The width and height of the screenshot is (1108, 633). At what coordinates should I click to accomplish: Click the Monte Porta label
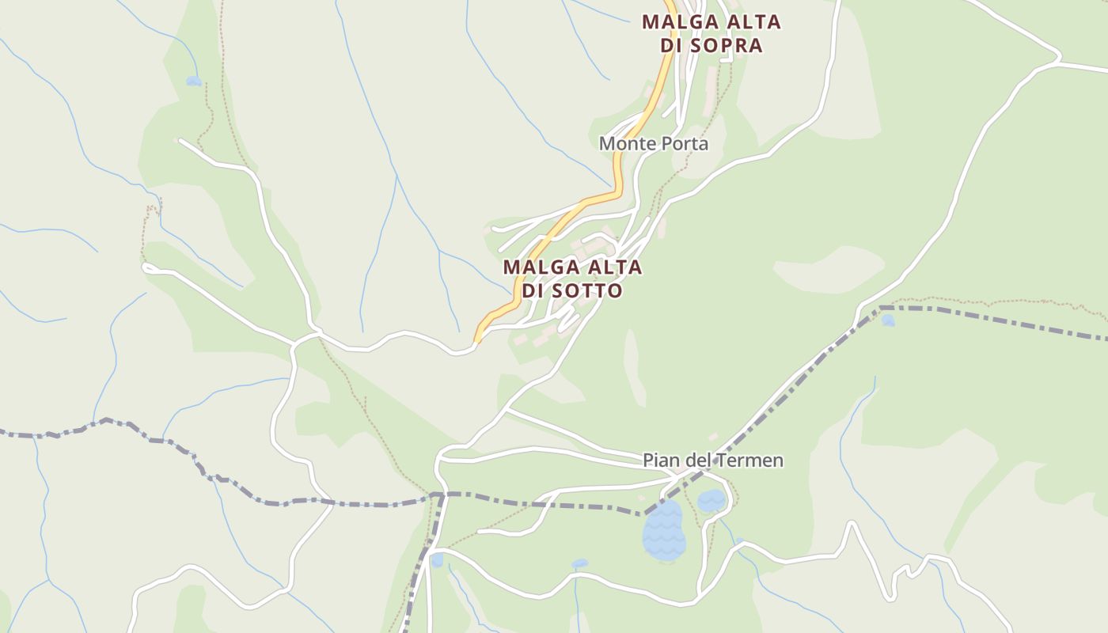click(653, 143)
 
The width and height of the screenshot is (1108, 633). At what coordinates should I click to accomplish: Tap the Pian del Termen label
click(712, 460)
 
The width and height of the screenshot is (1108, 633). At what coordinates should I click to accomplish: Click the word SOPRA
click(726, 45)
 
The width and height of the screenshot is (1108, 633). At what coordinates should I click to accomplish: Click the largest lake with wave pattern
click(664, 530)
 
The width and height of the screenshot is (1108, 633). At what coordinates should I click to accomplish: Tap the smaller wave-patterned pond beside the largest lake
click(711, 500)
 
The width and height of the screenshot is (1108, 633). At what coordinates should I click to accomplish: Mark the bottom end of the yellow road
click(477, 340)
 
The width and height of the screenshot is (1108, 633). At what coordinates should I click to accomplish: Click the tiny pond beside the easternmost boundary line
click(888, 320)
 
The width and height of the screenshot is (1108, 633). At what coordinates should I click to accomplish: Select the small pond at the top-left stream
click(194, 81)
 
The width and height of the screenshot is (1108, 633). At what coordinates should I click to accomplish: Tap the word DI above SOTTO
click(533, 291)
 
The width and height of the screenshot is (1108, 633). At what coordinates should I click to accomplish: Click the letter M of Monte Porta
click(607, 143)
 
